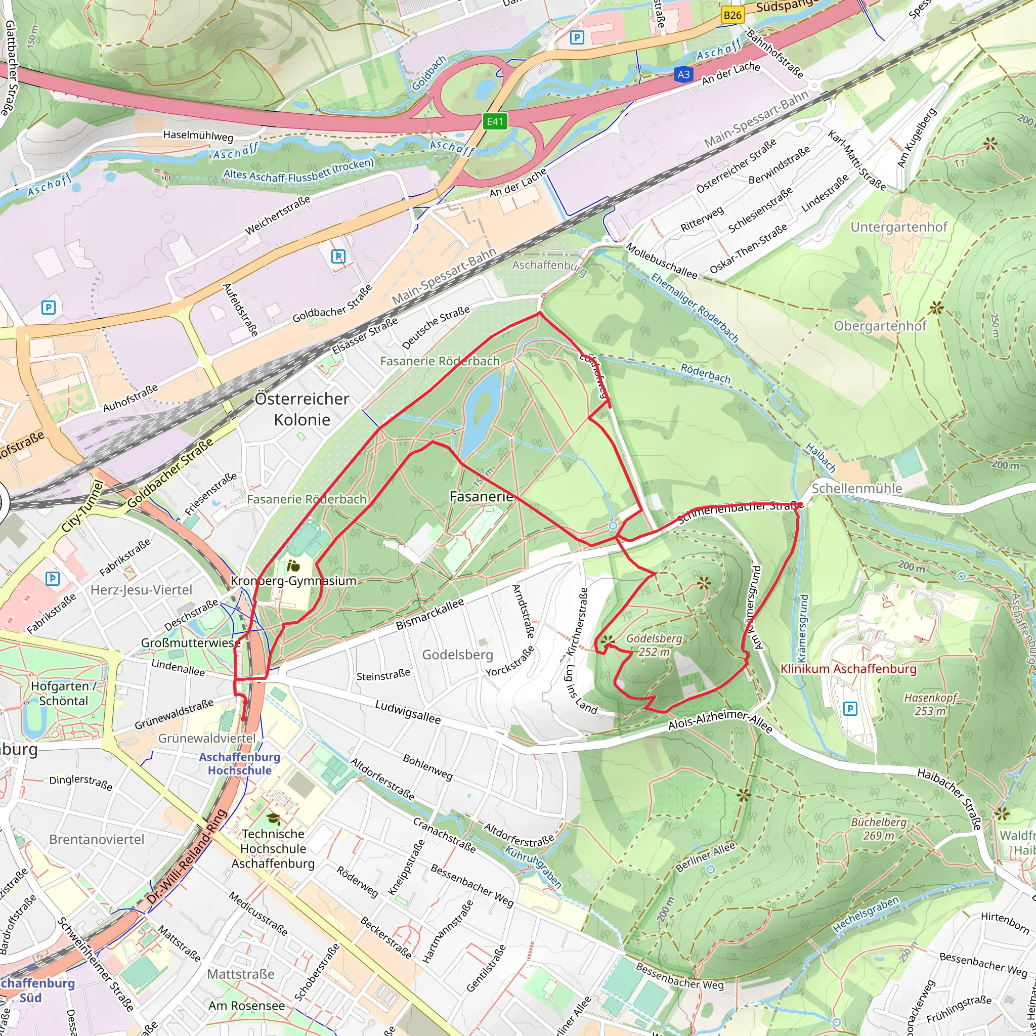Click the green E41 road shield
click(494, 122)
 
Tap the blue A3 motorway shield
click(683, 74)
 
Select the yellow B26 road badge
click(732, 15)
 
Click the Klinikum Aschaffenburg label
click(848, 669)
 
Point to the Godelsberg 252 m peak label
click(654, 645)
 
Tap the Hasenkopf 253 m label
click(930, 704)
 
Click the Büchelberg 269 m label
click(878, 829)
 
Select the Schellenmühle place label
click(856, 489)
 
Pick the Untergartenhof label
click(899, 227)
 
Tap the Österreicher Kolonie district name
click(302, 409)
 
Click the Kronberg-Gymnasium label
click(293, 581)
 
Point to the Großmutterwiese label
click(190, 642)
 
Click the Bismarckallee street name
click(429, 615)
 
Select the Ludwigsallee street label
click(408, 712)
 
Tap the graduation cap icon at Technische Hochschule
click(274, 819)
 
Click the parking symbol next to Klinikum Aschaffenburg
click(850, 709)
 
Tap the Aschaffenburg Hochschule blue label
click(240, 763)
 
